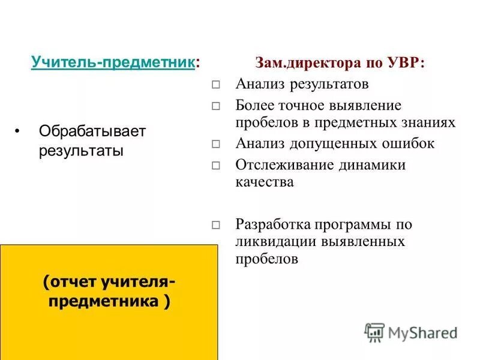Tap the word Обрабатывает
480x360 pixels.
92,131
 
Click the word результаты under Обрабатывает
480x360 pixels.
81,150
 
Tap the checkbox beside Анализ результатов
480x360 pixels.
217,85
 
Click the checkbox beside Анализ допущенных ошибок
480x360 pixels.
217,145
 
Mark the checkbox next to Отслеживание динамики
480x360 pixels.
217,166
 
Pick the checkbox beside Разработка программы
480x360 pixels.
217,226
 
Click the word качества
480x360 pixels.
265,182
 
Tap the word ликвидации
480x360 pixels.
268,242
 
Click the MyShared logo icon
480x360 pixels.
374,331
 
